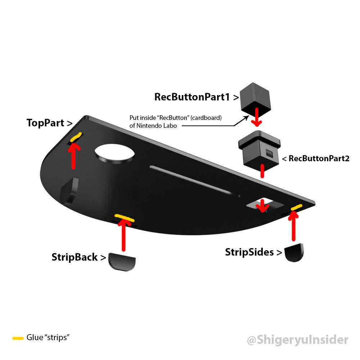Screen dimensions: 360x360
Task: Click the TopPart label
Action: [x=50, y=123]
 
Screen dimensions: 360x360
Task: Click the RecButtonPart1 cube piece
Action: [x=255, y=96]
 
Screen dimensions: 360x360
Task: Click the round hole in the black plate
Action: [x=114, y=153]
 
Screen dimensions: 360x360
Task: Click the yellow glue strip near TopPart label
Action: [x=75, y=137]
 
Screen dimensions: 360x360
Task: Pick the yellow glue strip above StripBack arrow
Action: [x=125, y=217]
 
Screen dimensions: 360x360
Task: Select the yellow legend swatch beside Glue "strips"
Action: [x=18, y=338]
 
